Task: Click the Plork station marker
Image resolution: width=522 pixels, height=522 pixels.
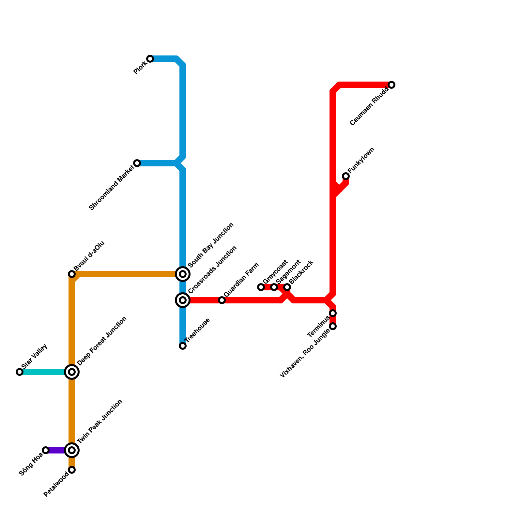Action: (150, 59)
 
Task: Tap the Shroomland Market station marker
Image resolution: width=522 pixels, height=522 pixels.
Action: (137, 163)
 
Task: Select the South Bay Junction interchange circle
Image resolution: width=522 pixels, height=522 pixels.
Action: (183, 274)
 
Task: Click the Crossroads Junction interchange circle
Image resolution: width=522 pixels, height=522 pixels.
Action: (183, 300)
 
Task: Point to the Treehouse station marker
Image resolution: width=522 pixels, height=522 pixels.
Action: (183, 346)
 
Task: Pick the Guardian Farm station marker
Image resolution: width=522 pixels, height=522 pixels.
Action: (222, 300)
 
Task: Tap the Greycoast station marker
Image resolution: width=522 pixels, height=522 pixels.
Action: (261, 287)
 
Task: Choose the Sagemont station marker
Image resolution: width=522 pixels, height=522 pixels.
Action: (274, 287)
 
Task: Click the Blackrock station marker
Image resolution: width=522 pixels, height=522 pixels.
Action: (287, 287)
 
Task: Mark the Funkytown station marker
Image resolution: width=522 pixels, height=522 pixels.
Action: (346, 176)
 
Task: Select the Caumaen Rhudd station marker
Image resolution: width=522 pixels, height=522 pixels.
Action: (391, 85)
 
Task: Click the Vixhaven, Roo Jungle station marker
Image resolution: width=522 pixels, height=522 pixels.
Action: (333, 326)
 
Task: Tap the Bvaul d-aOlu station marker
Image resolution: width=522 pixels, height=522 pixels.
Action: (72, 274)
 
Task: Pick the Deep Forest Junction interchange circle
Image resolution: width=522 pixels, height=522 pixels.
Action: (72, 372)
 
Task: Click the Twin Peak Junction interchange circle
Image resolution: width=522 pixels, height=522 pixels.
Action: (72, 450)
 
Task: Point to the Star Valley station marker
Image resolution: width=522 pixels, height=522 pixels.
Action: (20, 372)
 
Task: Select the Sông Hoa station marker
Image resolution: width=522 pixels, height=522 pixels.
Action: (46, 450)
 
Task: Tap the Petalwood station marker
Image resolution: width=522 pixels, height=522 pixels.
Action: (72, 470)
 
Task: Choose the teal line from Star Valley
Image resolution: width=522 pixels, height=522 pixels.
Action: (42, 372)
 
